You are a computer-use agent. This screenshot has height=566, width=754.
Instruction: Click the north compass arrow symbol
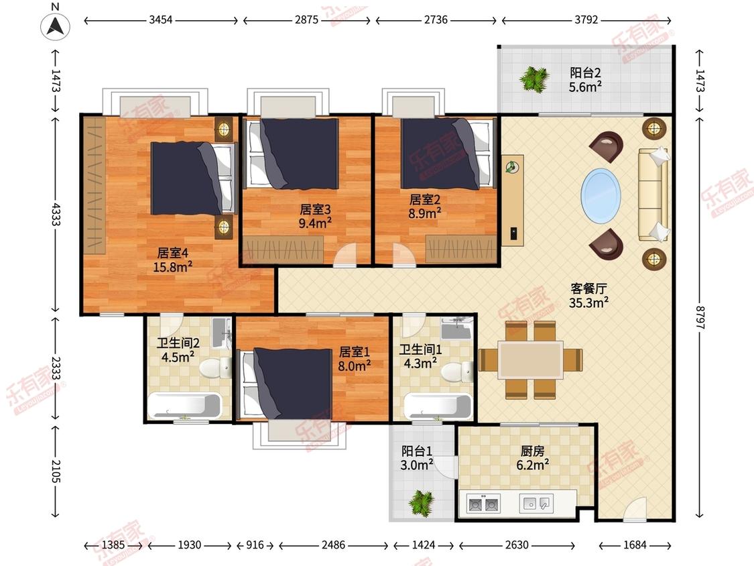56,26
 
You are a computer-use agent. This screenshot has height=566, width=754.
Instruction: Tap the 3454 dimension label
161,19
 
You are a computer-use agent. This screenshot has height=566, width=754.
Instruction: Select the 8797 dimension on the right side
700,318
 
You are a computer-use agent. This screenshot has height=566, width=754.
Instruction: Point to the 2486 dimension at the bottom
333,545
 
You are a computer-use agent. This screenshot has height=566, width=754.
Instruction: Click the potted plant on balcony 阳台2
533,79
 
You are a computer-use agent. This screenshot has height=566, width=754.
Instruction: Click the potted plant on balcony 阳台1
422,503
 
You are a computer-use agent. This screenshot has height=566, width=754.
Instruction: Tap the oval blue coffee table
601,195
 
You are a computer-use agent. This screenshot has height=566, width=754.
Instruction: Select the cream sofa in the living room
653,194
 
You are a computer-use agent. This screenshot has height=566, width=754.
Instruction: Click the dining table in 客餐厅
530,359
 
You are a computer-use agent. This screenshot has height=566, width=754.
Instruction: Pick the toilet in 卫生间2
215,369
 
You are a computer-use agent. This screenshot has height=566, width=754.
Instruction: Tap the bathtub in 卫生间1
438,406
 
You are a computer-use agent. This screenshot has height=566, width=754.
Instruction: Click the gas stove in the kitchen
483,504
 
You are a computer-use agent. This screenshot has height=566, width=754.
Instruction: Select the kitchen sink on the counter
536,504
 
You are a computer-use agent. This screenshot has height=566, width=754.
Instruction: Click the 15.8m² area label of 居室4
173,266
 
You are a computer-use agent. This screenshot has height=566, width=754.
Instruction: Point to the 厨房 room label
533,451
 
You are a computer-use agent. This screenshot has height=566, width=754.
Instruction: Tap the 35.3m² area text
588,302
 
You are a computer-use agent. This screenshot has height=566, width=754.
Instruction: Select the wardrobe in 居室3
283,249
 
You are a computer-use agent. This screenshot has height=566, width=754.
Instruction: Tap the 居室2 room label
425,199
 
